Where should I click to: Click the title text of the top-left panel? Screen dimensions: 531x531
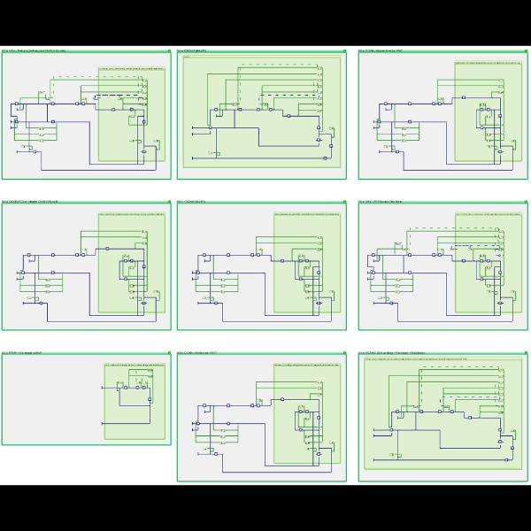[34, 50]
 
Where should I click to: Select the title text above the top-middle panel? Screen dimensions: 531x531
[193, 50]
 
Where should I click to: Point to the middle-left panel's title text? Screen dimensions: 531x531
[30, 201]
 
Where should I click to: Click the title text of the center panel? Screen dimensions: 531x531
[192, 201]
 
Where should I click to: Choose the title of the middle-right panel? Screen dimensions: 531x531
[381, 201]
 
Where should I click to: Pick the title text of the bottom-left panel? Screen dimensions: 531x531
[21, 352]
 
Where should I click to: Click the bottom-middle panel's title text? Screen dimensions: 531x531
[197, 352]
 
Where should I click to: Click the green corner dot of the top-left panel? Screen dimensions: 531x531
[168, 50]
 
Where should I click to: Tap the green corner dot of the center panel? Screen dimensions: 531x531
[344, 201]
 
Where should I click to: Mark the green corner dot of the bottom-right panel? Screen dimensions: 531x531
[526, 352]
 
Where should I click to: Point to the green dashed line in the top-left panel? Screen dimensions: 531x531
[97, 77]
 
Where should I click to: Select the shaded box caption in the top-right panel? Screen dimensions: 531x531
[487, 63]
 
